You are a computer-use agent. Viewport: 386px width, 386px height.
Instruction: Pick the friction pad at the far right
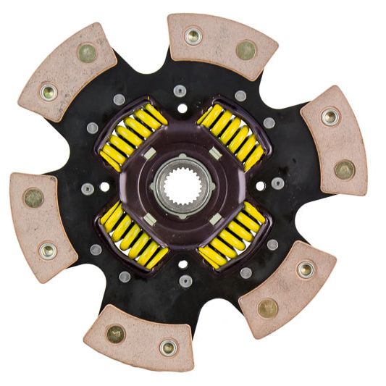point(333,141)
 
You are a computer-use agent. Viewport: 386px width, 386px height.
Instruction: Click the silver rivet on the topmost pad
point(193,35)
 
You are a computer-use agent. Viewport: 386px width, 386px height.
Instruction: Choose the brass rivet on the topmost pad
point(246,50)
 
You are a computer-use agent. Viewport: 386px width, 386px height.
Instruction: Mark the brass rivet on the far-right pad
point(345,169)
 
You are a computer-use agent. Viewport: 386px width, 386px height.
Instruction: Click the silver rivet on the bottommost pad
point(167,347)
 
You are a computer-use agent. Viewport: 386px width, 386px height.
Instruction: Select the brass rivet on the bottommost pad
point(115,333)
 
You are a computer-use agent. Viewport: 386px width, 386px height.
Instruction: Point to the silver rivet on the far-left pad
point(48,251)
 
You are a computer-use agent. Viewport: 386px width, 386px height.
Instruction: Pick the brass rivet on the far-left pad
point(33,198)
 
